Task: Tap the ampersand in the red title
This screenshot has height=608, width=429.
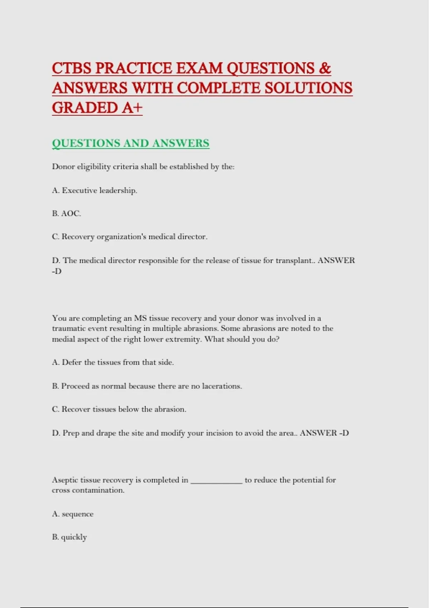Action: click(x=325, y=68)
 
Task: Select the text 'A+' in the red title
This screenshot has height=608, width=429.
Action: click(x=132, y=108)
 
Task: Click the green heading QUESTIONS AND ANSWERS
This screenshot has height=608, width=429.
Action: click(x=130, y=143)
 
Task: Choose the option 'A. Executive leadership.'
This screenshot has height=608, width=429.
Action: click(x=94, y=190)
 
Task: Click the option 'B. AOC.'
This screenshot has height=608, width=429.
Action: click(x=66, y=214)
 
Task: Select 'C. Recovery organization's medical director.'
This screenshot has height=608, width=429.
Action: click(x=129, y=237)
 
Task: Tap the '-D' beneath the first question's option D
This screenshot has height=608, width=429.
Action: click(x=57, y=271)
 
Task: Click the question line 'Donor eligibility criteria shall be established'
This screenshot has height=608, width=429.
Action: click(x=143, y=167)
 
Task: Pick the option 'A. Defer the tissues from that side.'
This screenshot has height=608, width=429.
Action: click(x=113, y=362)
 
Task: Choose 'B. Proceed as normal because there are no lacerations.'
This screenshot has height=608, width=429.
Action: click(x=147, y=386)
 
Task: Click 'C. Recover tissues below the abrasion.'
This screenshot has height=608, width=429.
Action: click(x=119, y=409)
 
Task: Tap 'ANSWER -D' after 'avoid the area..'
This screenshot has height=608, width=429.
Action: click(x=324, y=433)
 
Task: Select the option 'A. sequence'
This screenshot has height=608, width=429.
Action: click(x=73, y=514)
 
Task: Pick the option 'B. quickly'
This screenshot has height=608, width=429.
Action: click(x=69, y=537)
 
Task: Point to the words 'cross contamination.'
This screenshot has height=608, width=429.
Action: click(x=88, y=490)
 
